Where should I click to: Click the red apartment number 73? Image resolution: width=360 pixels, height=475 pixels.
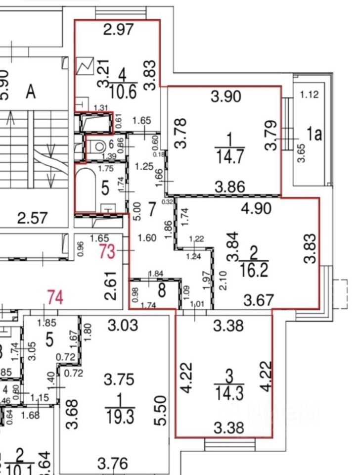(107, 251)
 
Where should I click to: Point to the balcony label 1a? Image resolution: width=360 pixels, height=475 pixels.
(314, 134)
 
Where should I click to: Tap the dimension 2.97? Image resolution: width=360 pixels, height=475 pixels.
(119, 30)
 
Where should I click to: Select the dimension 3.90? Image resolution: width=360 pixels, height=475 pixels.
(226, 96)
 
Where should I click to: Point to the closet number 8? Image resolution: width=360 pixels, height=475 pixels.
(162, 288)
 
